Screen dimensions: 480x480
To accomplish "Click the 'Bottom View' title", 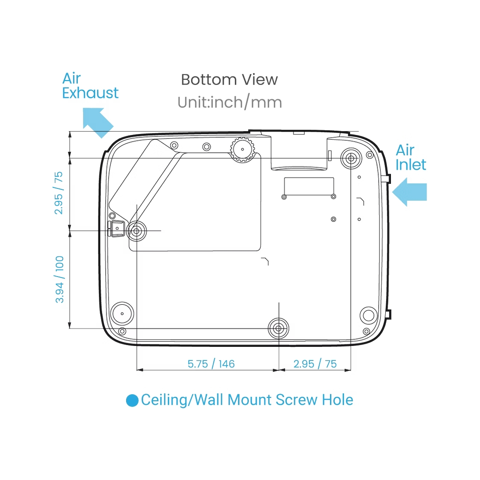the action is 229,80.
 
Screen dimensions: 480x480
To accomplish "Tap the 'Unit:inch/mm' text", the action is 230,102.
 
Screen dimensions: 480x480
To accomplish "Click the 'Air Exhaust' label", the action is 90,86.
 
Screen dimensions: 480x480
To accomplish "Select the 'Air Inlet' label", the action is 411,157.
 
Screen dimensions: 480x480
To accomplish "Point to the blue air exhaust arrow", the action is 98,122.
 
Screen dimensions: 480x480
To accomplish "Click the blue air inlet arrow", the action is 410,192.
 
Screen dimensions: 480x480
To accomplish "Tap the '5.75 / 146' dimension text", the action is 211,364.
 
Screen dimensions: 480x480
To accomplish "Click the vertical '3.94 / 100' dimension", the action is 60,279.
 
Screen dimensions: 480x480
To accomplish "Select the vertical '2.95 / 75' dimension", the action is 59,193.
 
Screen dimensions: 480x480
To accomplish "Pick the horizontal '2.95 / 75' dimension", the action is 315,364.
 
